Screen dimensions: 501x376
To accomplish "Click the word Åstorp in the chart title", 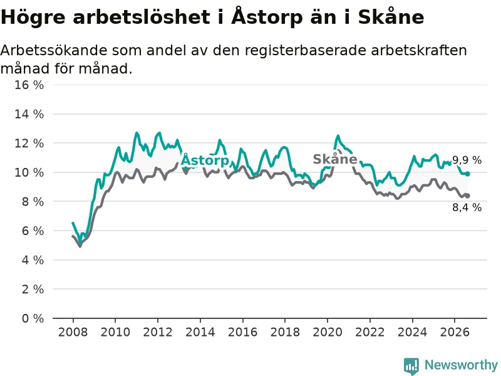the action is click(x=267, y=17).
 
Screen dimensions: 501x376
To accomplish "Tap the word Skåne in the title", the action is click(x=391, y=16).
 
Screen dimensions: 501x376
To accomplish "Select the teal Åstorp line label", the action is click(x=205, y=159).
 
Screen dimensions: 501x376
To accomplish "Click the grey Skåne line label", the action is click(x=335, y=159).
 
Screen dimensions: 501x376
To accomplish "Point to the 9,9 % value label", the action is click(x=467, y=160).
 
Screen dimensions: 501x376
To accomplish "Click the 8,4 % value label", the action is click(x=467, y=207).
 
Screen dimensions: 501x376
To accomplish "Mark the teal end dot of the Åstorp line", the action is click(x=467, y=174).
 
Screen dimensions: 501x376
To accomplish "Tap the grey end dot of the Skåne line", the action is click(x=467, y=196).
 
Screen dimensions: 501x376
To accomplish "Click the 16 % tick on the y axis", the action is click(x=29, y=85).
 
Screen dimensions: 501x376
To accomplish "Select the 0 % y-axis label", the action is click(x=33, y=318).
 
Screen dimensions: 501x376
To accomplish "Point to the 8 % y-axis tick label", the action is click(x=33, y=202).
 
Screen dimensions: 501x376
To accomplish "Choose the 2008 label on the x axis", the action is click(x=73, y=332).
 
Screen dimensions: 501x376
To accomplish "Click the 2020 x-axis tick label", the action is click(x=327, y=332).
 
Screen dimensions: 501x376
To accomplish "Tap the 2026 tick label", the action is click(x=455, y=332).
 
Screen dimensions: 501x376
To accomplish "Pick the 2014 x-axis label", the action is click(x=200, y=332).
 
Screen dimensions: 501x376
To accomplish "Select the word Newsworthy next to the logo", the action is click(x=461, y=365).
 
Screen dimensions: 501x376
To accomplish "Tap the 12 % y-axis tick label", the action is click(x=29, y=144).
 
